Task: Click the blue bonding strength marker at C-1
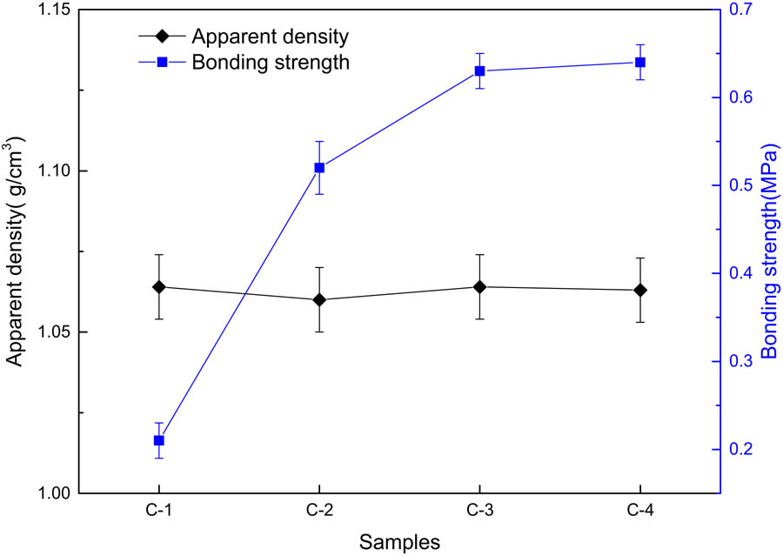[x=159, y=440]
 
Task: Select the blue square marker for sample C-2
[x=319, y=167]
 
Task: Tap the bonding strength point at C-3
[x=479, y=70]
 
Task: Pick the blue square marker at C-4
[x=640, y=62]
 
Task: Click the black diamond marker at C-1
[x=159, y=286]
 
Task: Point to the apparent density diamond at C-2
[x=319, y=299]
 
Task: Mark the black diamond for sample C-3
[x=479, y=286]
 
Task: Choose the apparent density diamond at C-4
[x=640, y=290]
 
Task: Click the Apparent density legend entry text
[x=271, y=37]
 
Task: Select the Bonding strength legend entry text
[x=271, y=62]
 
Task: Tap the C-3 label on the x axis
[x=479, y=514]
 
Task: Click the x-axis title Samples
[x=400, y=541]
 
